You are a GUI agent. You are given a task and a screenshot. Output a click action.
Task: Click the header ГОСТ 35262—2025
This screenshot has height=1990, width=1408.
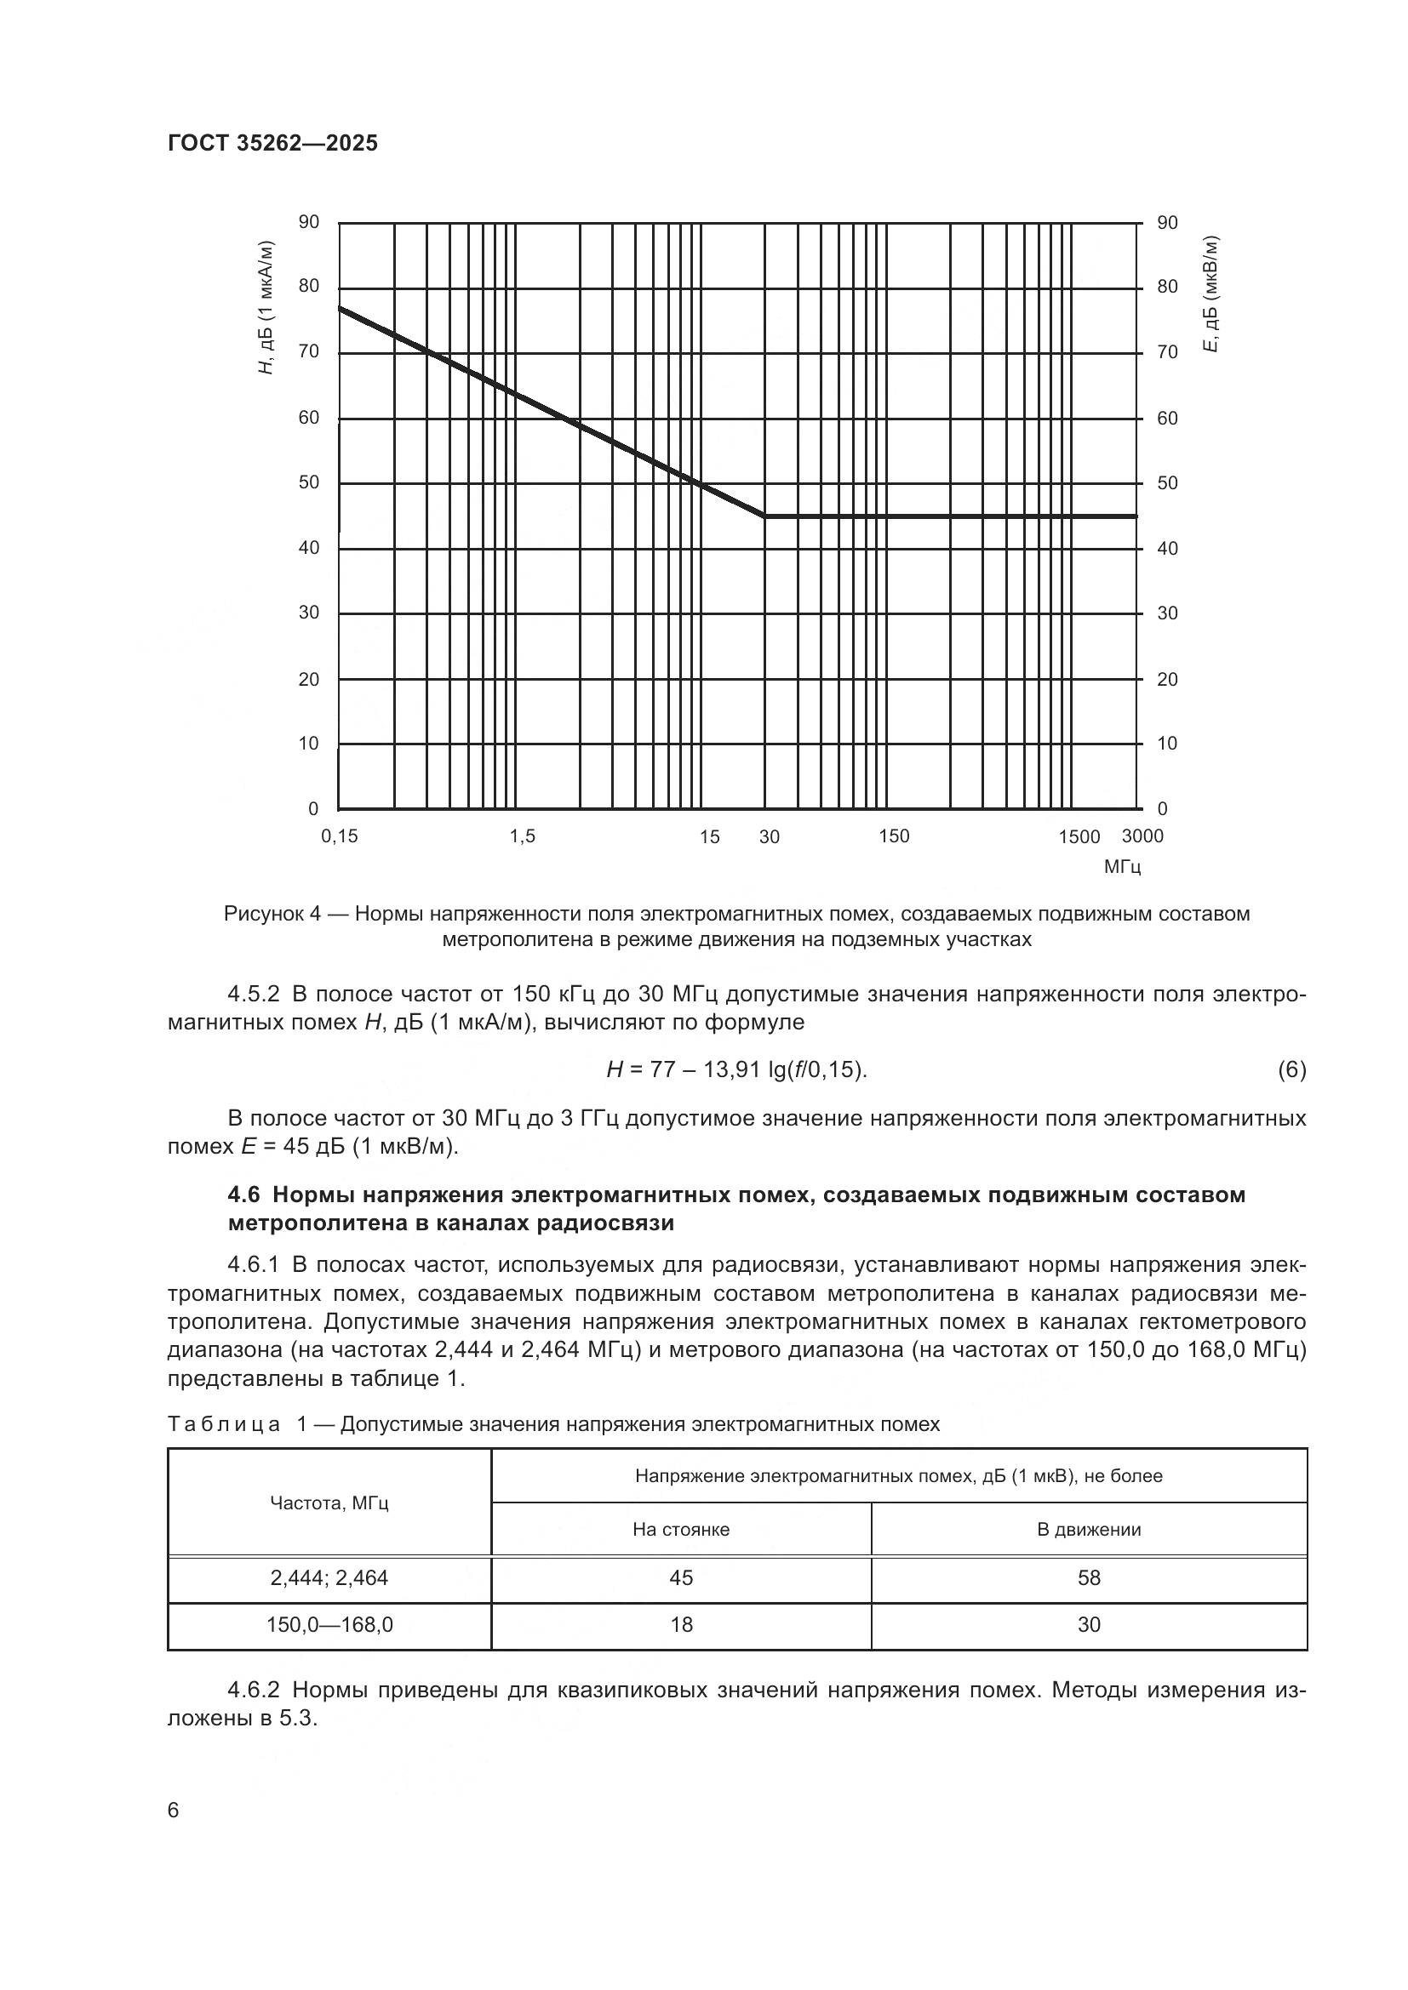coord(272,143)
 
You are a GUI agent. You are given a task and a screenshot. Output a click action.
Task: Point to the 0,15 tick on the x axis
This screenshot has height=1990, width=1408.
coord(339,836)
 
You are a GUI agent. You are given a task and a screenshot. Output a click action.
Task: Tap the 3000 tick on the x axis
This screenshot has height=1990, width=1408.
coord(1142,836)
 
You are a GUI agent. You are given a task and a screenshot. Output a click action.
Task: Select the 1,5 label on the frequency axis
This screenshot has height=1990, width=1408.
coord(522,836)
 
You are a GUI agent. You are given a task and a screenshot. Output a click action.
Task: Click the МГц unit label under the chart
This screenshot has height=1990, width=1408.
coord(1122,867)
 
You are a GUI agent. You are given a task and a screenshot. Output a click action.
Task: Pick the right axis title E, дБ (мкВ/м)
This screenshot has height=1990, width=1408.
coord(1211,294)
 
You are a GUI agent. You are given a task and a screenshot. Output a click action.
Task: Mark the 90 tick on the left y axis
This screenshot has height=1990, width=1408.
coord(309,223)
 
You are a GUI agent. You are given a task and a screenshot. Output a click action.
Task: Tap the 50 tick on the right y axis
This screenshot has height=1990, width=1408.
coord(1168,483)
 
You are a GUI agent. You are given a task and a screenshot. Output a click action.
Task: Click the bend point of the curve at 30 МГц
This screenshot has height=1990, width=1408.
coord(764,516)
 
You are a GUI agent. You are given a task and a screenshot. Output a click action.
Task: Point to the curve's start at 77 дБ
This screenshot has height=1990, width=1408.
coord(340,308)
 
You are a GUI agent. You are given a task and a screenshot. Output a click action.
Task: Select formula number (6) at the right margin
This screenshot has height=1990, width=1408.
coord(1291,1070)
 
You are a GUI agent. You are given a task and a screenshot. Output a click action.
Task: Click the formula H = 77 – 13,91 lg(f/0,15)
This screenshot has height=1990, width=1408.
coord(736,1070)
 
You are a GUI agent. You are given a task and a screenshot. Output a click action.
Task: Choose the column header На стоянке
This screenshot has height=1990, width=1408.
coord(681,1530)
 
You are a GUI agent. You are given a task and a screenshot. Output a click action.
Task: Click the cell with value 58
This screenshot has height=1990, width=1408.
coord(1088,1577)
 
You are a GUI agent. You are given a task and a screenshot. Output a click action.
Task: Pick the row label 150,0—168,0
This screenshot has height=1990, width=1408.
coord(329,1624)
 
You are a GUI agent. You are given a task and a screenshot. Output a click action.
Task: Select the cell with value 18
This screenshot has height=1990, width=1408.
coord(681,1624)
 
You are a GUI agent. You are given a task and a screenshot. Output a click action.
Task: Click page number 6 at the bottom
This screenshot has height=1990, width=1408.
coord(174,1810)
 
